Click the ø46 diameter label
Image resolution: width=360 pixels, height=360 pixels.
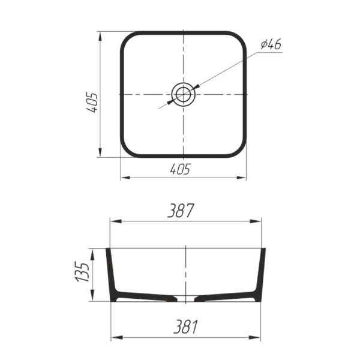coord(271,44)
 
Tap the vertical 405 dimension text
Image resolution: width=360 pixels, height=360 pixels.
coord(92,102)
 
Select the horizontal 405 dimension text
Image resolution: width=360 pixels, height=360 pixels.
coord(180,169)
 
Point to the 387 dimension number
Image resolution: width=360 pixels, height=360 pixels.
coord(181,211)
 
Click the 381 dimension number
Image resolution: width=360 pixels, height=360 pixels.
coord(186,326)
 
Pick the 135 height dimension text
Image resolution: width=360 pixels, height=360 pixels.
coord(82,272)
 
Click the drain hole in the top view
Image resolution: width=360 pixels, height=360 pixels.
coord(183,94)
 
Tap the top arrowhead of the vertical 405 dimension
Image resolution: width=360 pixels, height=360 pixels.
coord(100,37)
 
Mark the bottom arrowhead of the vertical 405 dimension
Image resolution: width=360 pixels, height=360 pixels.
coord(100,152)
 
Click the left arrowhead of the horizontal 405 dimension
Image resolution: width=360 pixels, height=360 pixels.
coord(125,178)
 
